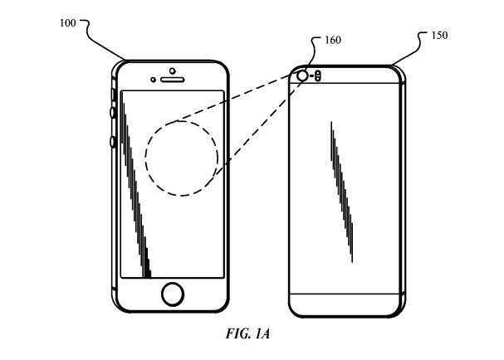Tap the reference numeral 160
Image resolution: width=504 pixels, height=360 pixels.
331,40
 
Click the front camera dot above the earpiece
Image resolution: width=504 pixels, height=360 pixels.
173,70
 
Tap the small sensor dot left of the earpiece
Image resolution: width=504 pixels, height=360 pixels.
154,80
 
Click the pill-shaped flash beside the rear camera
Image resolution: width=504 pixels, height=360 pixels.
319,76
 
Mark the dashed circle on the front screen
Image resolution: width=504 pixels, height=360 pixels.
181,158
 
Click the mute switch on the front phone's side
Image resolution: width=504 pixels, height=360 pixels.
111,85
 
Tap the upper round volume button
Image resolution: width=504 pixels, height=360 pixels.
112,113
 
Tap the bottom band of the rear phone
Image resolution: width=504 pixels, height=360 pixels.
347,304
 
